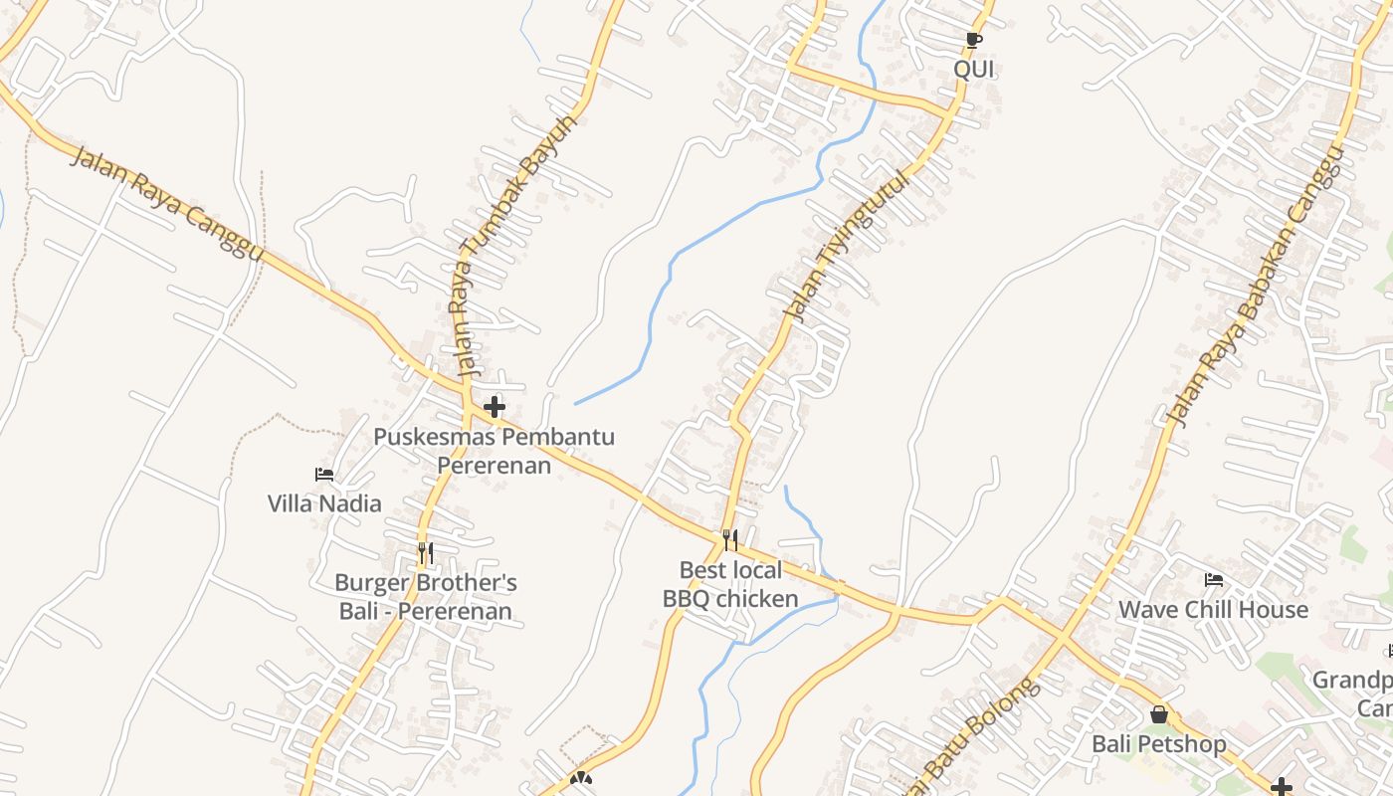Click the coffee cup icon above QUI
[974, 41]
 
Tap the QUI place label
[974, 70]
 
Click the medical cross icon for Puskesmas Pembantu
[495, 406]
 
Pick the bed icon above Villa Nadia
[324, 475]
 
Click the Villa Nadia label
[324, 503]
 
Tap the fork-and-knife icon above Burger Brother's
[425, 552]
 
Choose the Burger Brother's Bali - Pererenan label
[426, 597]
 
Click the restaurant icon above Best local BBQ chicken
[730, 540]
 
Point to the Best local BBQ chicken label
[730, 584]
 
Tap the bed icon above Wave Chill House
[1213, 580]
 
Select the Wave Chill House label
[1213, 609]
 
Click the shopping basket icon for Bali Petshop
[1159, 714]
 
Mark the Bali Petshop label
[1159, 744]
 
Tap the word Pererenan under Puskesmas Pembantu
[495, 465]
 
